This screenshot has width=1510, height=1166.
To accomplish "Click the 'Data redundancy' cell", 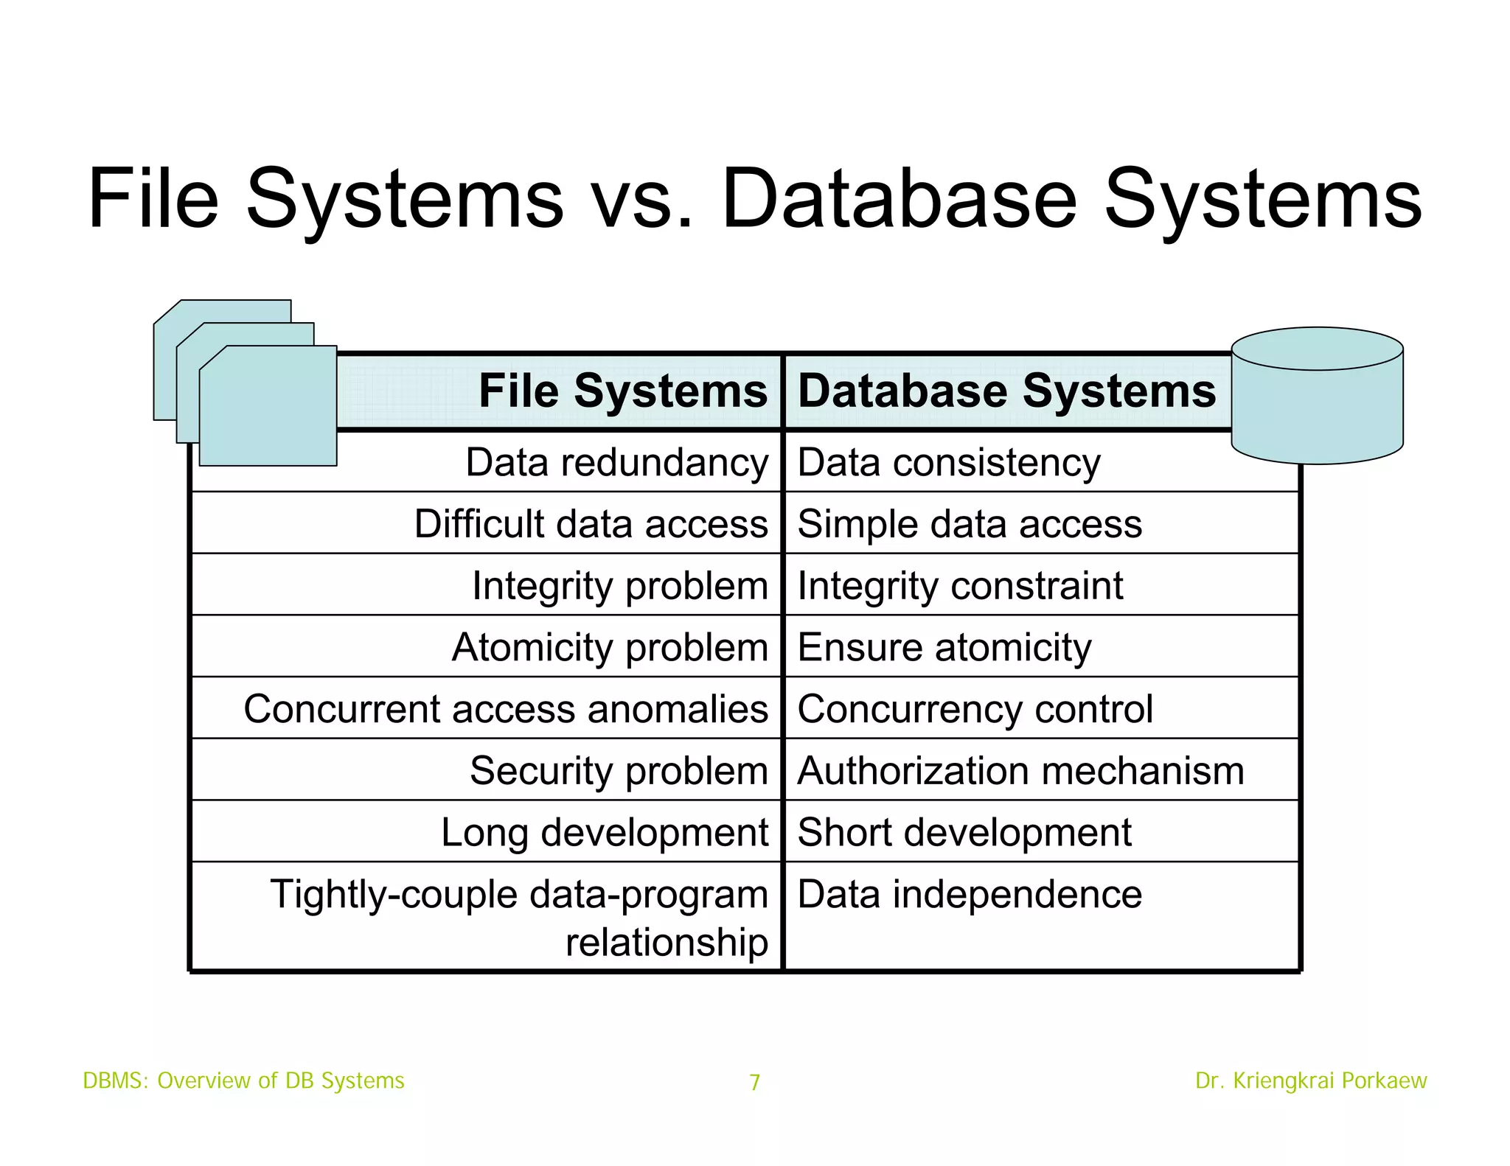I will point(616,463).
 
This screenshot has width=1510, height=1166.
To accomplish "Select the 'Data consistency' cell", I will point(949,463).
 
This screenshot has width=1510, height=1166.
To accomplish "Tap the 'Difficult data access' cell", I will point(591,524).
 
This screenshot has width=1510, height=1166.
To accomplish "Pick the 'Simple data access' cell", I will point(970,524).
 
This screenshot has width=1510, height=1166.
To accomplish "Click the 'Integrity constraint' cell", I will point(960,586).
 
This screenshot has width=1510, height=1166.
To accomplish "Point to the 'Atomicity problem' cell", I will point(610,648).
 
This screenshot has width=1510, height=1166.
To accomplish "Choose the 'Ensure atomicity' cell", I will point(944,648).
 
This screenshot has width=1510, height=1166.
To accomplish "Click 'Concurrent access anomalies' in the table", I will point(506,709).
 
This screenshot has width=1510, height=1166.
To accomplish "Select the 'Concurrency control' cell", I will point(975,709).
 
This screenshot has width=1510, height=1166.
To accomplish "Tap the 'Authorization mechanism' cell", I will point(1020,771).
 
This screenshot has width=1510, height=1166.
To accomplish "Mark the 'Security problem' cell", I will point(619,771).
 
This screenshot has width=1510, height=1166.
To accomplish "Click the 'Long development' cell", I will point(605,833).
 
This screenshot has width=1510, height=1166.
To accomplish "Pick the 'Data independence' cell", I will point(970,895).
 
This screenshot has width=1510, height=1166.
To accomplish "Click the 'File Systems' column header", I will point(622,391).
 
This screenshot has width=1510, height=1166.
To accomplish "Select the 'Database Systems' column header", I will point(1006,391).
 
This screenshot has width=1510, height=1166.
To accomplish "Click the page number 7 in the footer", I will point(754,1082).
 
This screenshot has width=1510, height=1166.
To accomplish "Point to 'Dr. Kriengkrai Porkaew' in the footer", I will point(1311,1081).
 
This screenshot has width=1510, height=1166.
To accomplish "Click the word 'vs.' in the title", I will point(642,199).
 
